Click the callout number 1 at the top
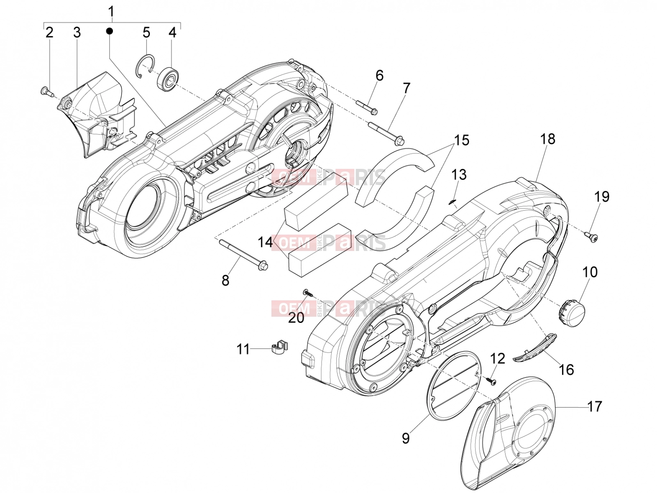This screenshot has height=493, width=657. point(111,12)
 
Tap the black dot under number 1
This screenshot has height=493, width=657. point(110,30)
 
